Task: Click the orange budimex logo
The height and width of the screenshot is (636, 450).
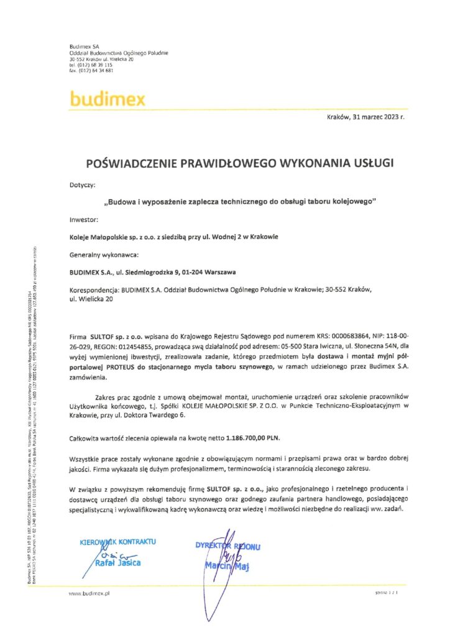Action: click(x=108, y=99)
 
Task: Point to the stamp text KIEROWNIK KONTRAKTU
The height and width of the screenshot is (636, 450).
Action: click(x=119, y=542)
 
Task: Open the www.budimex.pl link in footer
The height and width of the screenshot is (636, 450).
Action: click(x=90, y=594)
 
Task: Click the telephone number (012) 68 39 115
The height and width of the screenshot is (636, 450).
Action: click(x=91, y=65)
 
